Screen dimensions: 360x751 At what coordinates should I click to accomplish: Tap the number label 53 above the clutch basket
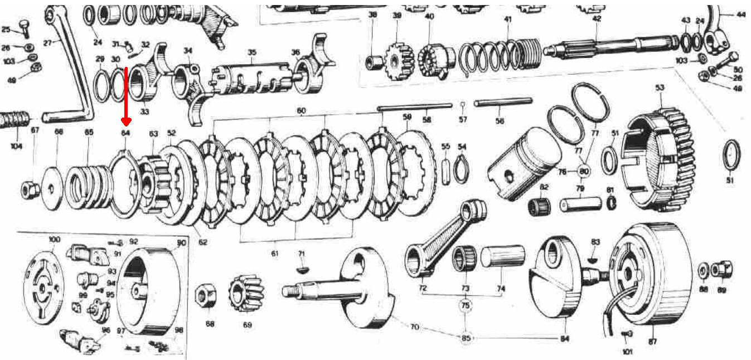660,88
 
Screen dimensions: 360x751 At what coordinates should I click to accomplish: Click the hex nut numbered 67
30,190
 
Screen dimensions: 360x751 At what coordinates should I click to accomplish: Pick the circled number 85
466,338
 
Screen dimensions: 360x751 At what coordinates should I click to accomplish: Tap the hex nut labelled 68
205,295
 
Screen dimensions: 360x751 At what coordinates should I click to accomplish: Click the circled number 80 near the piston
584,171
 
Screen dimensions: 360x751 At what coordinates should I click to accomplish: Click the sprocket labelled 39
398,59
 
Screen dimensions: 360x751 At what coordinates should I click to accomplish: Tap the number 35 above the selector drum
252,52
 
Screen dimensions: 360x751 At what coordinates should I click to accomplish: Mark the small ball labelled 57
463,104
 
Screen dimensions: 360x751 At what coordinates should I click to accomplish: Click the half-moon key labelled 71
302,269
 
